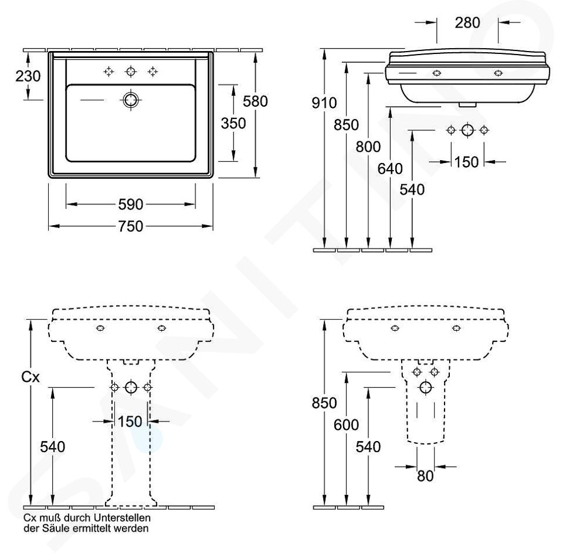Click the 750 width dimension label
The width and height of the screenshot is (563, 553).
pyautogui.click(x=131, y=226)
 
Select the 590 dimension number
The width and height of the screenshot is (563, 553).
pyautogui.click(x=131, y=205)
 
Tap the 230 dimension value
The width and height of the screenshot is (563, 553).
pyautogui.click(x=28, y=76)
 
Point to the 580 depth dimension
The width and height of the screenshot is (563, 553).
pyautogui.click(x=256, y=101)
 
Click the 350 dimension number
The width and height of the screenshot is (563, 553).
pyautogui.click(x=233, y=123)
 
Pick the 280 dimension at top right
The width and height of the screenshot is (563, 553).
pyautogui.click(x=467, y=23)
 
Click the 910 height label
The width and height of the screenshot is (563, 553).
pyautogui.click(x=324, y=104)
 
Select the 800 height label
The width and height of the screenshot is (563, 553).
pyautogui.click(x=369, y=147)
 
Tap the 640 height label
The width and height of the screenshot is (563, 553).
pyautogui.click(x=390, y=169)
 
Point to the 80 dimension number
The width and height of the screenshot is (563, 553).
pyautogui.click(x=426, y=477)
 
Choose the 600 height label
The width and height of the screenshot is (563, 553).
pyautogui.click(x=346, y=425)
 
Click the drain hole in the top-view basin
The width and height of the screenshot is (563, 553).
pyautogui.click(x=130, y=100)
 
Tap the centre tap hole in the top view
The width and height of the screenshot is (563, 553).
pyautogui.click(x=130, y=72)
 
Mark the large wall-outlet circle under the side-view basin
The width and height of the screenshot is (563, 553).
pyautogui.click(x=467, y=130)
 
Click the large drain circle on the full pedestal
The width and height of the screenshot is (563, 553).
pyautogui.click(x=131, y=387)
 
